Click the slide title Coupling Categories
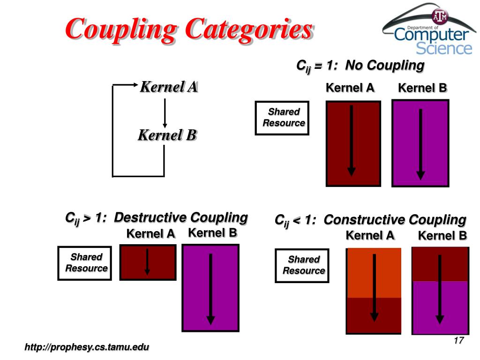(188, 29)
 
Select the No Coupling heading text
(360, 66)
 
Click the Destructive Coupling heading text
(156, 218)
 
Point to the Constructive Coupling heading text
(370, 220)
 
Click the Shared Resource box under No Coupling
(282, 118)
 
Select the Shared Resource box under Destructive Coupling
(85, 263)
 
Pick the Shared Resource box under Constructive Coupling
(302, 265)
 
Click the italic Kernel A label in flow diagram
(169, 87)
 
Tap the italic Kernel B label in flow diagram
(167, 135)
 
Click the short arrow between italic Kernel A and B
(165, 112)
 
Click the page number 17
(458, 341)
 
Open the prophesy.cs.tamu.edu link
(87, 347)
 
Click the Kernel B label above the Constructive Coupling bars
(442, 236)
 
